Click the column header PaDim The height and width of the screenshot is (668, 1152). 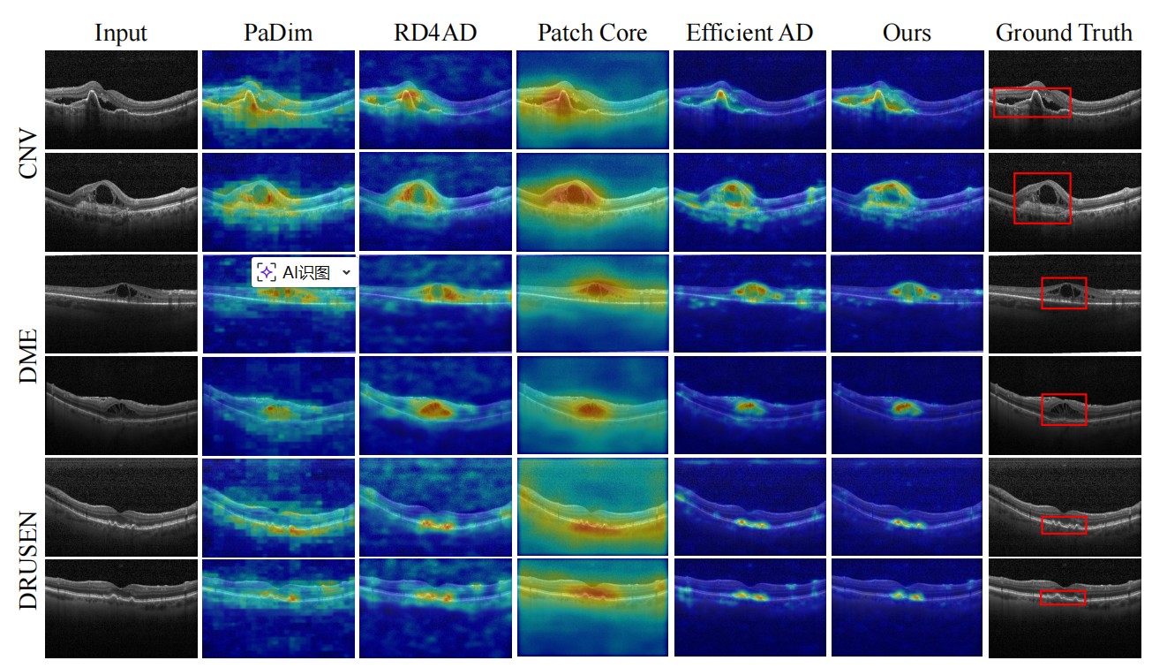pos(278,34)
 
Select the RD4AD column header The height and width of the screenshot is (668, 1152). pos(434,34)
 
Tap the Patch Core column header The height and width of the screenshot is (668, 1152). pos(592,34)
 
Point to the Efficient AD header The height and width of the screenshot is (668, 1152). pos(749,34)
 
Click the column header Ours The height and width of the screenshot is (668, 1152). pos(907,34)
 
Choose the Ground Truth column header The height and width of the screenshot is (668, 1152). pos(1064,34)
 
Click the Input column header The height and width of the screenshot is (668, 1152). pos(121,34)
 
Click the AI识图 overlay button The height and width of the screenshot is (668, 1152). pos(295,273)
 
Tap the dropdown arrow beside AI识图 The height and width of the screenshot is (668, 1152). pos(346,273)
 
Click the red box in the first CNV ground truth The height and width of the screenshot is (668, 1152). pos(1032,102)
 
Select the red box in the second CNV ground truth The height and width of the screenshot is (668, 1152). pos(1043,198)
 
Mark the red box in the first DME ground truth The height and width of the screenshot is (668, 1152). pos(1064,293)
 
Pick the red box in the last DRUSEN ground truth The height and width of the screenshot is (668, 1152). pos(1063,597)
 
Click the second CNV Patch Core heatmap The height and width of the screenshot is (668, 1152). pos(592,201)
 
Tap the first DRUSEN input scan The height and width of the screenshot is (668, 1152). pos(121,506)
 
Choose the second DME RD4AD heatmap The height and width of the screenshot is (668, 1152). pos(434,406)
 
